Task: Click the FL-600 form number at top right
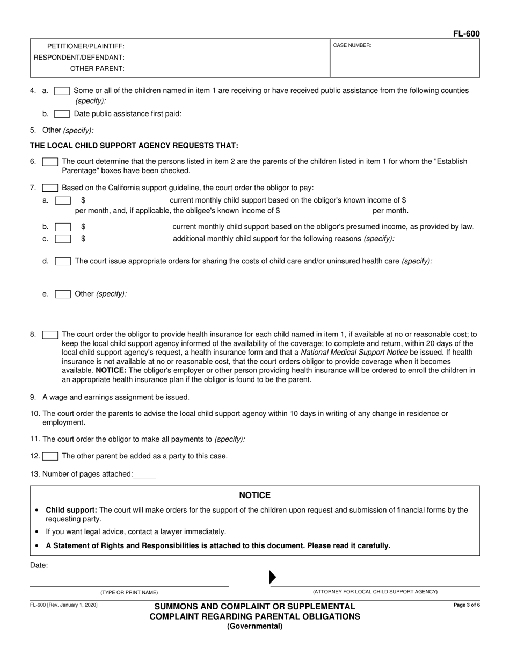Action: pos(466,33)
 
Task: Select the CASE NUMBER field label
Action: pos(352,46)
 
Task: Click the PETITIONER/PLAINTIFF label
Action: pos(86,46)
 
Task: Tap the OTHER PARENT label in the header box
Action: pos(97,68)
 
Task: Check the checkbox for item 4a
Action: pos(62,91)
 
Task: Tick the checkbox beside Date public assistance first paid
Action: pos(62,114)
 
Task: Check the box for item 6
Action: pos(50,162)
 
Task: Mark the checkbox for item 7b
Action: pos(63,227)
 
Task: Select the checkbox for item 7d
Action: pos(63,261)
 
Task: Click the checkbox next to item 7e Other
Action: pos(63,294)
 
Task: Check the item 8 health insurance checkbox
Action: pos(50,335)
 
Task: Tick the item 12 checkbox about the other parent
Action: pos(50,456)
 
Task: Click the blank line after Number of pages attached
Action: pos(145,475)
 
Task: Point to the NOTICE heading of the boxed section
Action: pos(254,495)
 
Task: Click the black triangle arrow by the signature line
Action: pos(272,577)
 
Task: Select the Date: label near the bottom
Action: pos(39,565)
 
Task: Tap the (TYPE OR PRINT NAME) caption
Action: pos(129,592)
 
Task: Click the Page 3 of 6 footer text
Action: pos(467,605)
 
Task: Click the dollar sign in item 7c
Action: pos(83,239)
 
